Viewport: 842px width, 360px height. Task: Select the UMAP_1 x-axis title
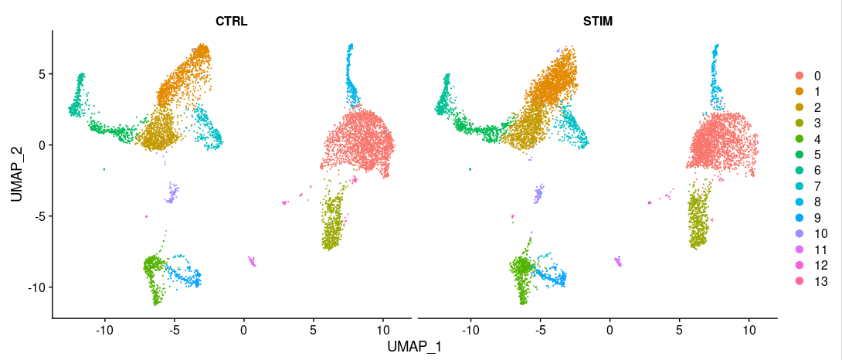click(414, 347)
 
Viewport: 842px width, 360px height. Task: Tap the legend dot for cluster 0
click(799, 76)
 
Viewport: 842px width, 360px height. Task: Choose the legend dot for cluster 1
click(799, 91)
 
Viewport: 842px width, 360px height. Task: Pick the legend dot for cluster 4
click(799, 139)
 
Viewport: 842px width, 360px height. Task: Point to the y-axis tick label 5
click(42, 74)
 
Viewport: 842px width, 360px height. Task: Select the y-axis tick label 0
click(42, 145)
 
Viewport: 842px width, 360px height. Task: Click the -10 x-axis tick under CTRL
click(104, 330)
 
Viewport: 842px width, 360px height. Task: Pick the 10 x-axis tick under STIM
click(749, 330)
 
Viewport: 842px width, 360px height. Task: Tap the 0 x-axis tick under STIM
click(609, 330)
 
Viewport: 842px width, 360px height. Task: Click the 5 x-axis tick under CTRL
click(314, 330)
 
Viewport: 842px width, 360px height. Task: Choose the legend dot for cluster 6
click(799, 171)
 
